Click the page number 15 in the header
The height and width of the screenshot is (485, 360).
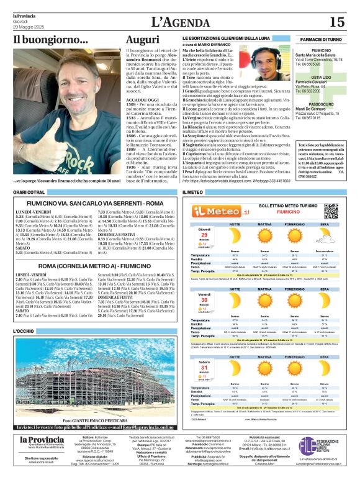(x=336, y=22)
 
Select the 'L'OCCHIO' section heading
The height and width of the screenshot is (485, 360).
(x=24, y=332)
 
